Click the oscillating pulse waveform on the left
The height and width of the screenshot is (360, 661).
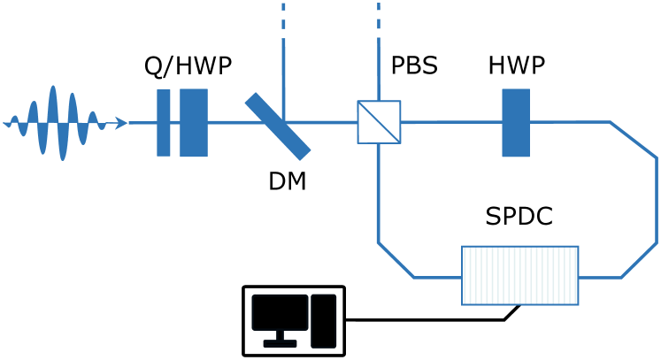coord(53,122)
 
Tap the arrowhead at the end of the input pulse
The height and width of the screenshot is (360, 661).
coord(121,123)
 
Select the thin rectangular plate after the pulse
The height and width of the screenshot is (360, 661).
coord(164,123)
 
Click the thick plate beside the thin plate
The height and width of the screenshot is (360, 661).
coord(194,123)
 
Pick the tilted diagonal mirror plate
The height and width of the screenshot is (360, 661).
coord(278,126)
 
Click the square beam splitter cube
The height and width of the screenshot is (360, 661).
coord(379,122)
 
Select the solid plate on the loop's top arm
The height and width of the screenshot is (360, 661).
coord(516,123)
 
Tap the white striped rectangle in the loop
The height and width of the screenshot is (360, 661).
coord(520,276)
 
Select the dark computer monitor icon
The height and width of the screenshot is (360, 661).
coord(280,312)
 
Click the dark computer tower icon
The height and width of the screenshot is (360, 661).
coord(324,321)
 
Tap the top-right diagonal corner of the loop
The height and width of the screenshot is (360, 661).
coord(634,140)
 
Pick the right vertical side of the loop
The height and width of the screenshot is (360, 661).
coord(657,200)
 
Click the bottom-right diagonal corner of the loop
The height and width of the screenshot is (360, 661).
coord(639,260)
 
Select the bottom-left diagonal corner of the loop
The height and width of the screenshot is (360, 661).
coord(396,260)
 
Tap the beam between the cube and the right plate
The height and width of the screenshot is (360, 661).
coord(451,122)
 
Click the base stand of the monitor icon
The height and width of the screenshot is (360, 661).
coord(280,343)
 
